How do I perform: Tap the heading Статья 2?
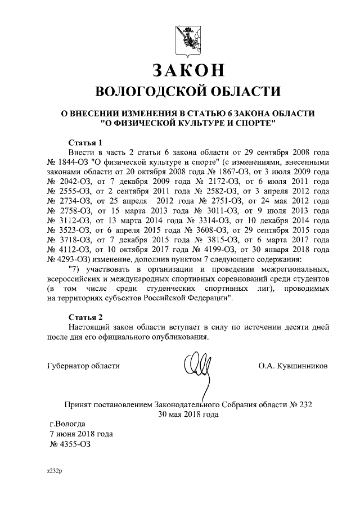[x=85, y=316]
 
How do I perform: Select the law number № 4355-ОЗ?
[x=70, y=444]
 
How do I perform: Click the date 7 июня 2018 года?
[x=81, y=434]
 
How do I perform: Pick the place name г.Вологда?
[x=68, y=424]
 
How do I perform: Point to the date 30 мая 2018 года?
[x=188, y=414]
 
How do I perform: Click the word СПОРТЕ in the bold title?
[x=248, y=122]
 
